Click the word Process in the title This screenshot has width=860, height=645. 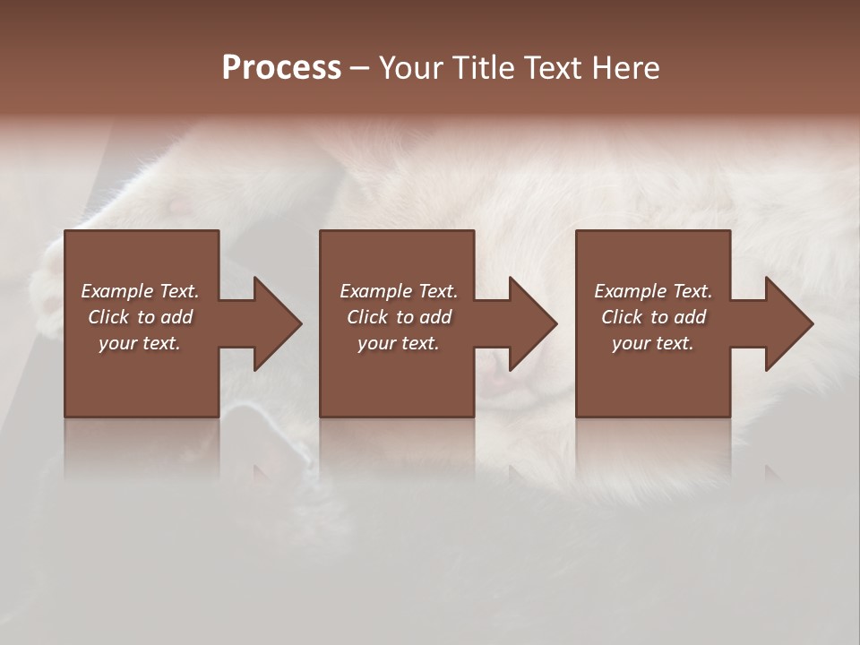[281, 68]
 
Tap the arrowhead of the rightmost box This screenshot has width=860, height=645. [787, 323]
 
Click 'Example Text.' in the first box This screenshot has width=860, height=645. [140, 291]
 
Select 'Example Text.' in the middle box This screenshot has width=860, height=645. [399, 291]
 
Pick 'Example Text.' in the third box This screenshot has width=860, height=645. [653, 291]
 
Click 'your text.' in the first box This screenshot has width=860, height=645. [140, 343]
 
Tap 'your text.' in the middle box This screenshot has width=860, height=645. [399, 343]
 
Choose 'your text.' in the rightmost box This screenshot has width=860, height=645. [653, 343]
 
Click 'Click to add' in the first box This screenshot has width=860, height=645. [140, 317]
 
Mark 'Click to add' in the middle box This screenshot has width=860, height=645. [399, 317]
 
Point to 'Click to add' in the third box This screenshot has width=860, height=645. [653, 317]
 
